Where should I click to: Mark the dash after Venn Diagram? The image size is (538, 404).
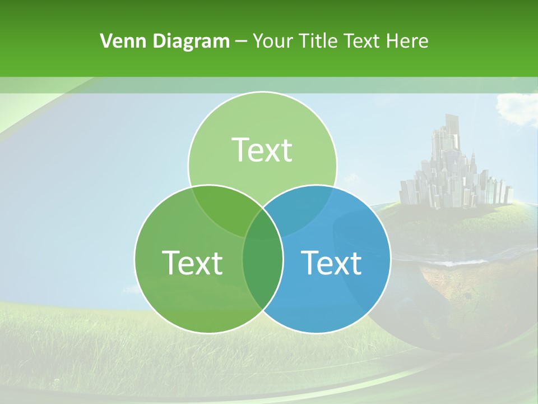[x=242, y=42]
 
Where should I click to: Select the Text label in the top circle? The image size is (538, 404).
[x=262, y=150]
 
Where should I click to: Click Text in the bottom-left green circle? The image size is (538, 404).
[x=192, y=263]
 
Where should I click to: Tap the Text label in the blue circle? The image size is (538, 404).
[x=331, y=263]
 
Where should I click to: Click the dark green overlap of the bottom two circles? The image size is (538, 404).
[x=262, y=269]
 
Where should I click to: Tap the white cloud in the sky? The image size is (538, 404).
[x=517, y=107]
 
